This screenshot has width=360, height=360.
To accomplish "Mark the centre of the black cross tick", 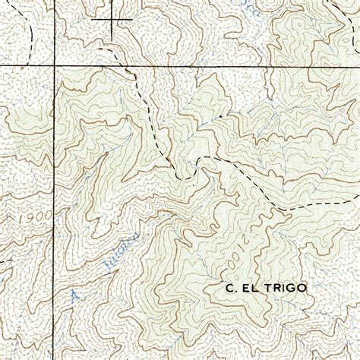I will (112, 19).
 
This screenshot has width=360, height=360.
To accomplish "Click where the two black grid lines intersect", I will (54, 67).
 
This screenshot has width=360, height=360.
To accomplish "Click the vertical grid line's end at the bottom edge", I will (54, 358).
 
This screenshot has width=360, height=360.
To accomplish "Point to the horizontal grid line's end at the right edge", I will (358, 67).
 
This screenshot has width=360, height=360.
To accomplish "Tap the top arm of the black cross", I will (112, 6).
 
